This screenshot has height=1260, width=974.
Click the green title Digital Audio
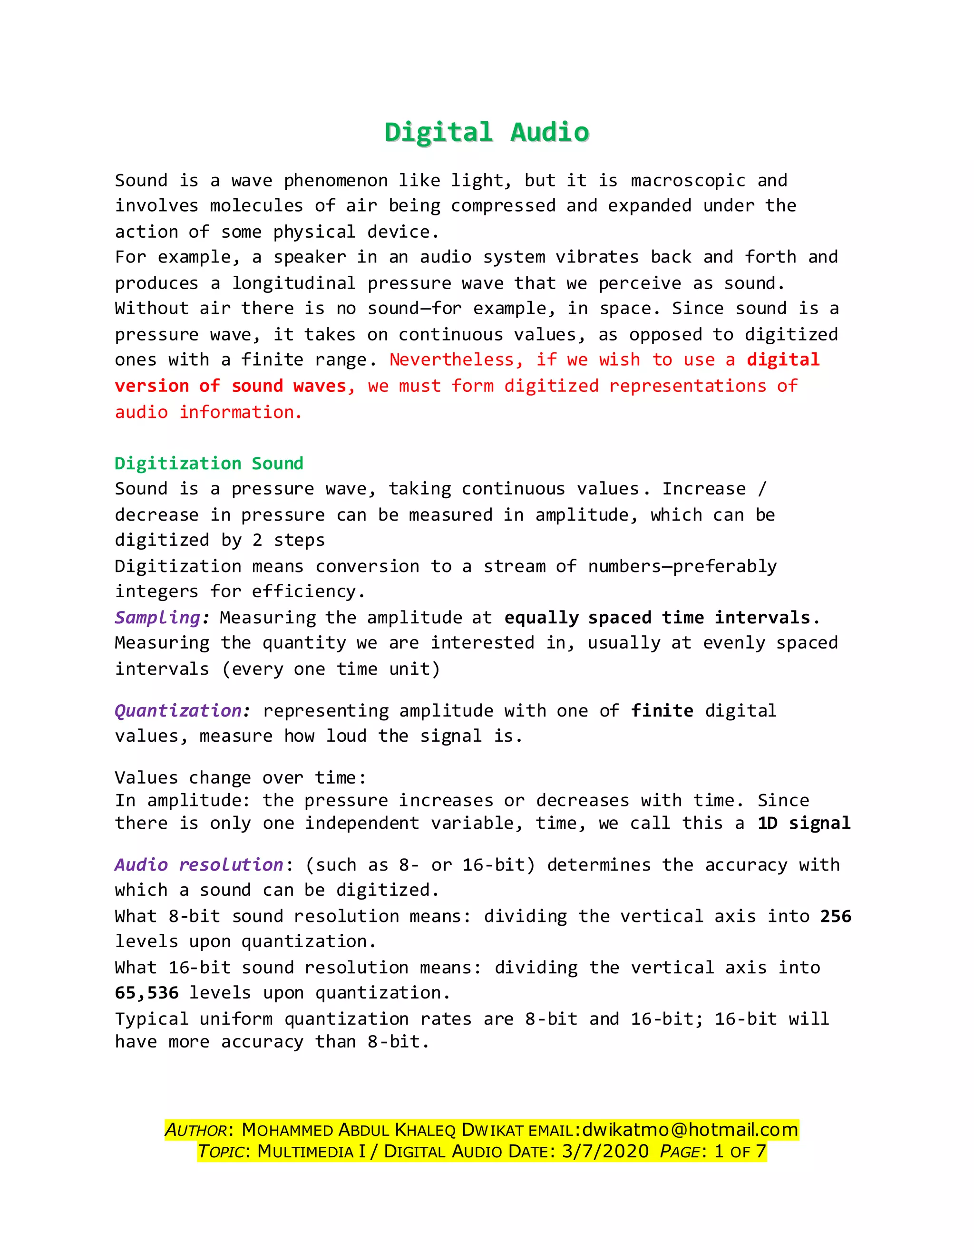click(487, 132)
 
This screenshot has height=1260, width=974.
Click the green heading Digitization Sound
click(209, 463)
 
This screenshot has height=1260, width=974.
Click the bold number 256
click(836, 916)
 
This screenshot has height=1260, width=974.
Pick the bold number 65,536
click(146, 993)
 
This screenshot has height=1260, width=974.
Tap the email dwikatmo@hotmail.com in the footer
click(690, 1130)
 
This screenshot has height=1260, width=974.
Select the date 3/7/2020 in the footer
click(605, 1152)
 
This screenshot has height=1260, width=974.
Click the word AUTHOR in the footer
click(196, 1130)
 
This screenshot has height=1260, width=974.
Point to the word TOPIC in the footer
click(222, 1152)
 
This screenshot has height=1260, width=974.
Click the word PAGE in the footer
click(680, 1152)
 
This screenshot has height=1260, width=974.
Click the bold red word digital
click(783, 360)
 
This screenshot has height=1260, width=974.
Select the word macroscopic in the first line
click(688, 181)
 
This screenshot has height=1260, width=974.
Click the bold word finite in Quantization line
click(662, 711)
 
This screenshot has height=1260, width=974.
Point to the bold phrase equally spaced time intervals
click(657, 618)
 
